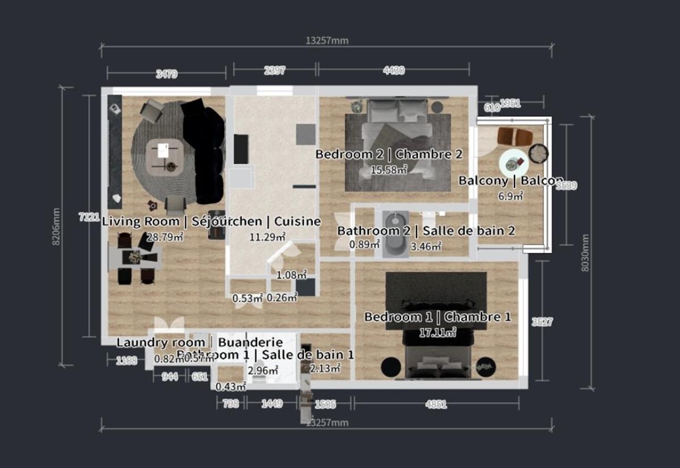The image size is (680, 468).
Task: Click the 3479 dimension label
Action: click(167, 73)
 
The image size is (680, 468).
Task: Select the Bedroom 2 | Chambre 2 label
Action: click(389, 154)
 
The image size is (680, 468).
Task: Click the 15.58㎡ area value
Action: click(389, 169)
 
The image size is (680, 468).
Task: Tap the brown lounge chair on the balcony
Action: click(515, 137)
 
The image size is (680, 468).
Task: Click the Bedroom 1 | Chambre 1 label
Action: click(437, 317)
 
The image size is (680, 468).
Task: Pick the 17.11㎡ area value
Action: click(437, 333)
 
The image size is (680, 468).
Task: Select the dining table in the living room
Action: click(135, 258)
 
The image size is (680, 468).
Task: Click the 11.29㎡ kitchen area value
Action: click(267, 237)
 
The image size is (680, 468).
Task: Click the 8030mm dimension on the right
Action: click(586, 253)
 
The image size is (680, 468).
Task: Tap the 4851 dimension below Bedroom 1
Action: click(436, 405)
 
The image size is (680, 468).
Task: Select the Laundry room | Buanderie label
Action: click(199, 342)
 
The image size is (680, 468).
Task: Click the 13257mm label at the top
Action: click(326, 40)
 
